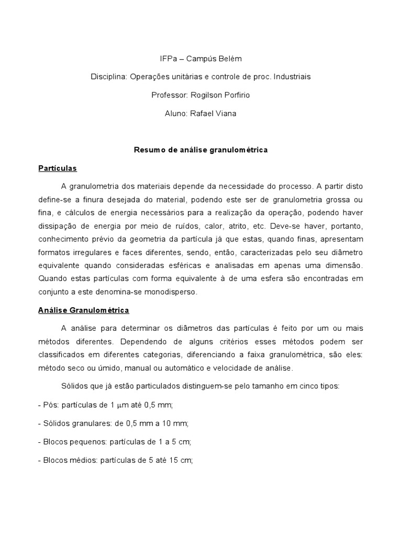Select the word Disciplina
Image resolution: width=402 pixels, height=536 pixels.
click(x=109, y=76)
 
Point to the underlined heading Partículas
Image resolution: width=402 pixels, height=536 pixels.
click(x=58, y=168)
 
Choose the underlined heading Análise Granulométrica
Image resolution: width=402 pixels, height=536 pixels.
click(x=83, y=310)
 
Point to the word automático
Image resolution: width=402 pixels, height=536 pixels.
click(x=179, y=368)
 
